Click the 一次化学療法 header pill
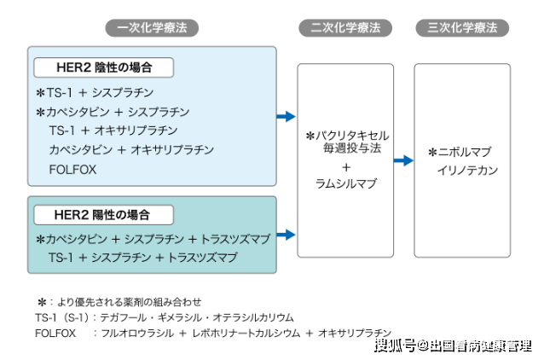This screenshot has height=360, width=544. pos(153,27)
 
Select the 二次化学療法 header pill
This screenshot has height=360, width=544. pos(345,27)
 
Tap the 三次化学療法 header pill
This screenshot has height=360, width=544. pos(461,27)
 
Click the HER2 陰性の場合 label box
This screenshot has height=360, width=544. pos(103,67)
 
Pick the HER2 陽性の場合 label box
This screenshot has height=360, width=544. pos(103,214)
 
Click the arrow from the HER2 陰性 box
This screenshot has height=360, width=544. pos(286,116)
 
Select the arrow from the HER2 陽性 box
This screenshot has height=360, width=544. pos(286,234)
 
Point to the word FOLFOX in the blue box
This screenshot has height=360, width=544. pos(72,169)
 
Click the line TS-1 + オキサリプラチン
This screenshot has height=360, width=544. pos(113,131)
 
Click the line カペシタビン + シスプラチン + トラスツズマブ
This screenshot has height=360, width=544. pos(159,239)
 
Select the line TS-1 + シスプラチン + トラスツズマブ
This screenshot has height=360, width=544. pos(142,257)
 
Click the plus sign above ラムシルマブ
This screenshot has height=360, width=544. pos(345,166)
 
